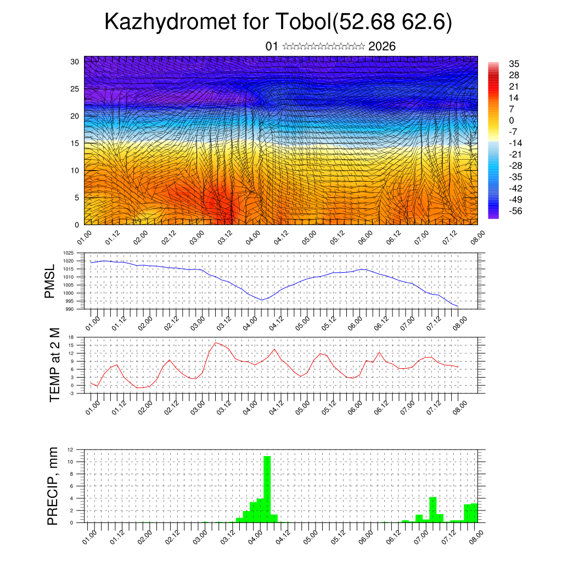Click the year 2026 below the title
click(382, 46)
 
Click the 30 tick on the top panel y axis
click(75, 61)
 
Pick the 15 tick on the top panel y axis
click(75, 143)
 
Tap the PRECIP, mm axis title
click(53, 486)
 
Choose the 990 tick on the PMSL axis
click(70, 309)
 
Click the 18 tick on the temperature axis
click(71, 337)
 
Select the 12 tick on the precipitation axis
click(71, 449)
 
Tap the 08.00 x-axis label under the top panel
click(477, 237)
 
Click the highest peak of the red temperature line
click(216, 342)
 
